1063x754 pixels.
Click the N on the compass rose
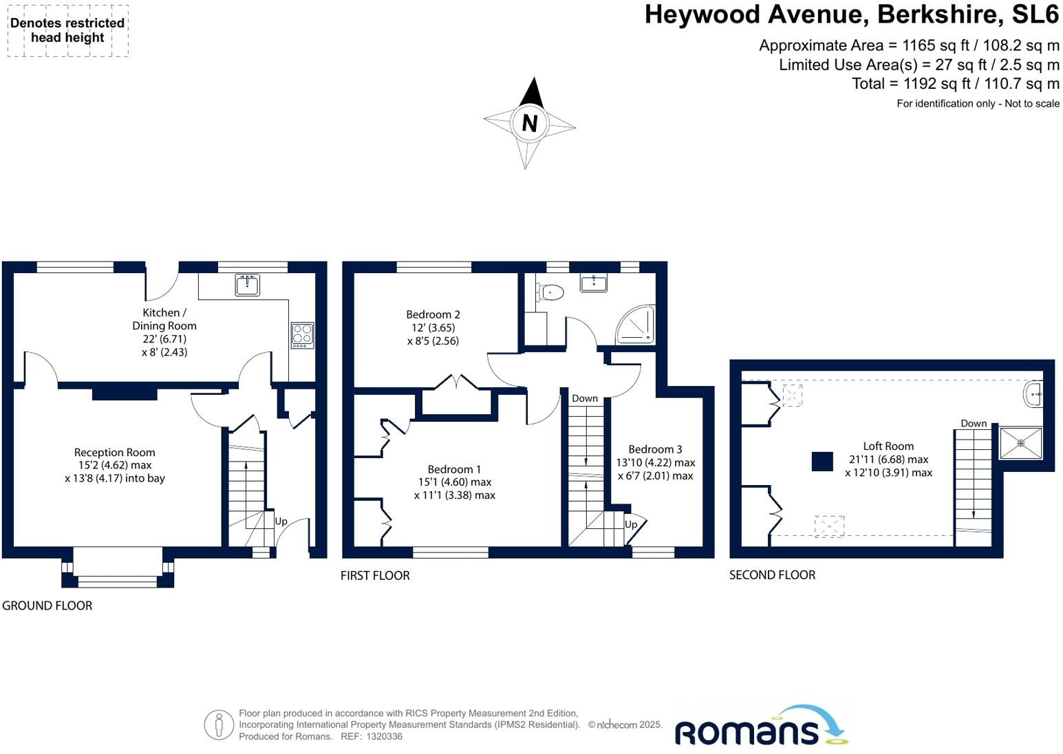[x=529, y=123]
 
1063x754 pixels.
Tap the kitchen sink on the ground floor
[x=247, y=285]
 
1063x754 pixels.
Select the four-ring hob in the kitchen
[x=303, y=335]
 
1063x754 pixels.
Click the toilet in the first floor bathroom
[x=550, y=292]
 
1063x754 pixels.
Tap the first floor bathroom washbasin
[x=594, y=282]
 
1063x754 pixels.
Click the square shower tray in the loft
[x=1021, y=443]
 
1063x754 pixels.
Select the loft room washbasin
[x=1033, y=394]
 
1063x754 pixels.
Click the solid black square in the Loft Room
[x=822, y=461]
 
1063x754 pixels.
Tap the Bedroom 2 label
[x=433, y=314]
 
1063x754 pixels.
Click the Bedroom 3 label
[x=655, y=449]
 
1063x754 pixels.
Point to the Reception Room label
[x=115, y=452]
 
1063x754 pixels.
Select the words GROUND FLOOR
[x=47, y=605]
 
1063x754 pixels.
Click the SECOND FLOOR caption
[x=772, y=574]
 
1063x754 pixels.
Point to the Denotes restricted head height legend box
[x=67, y=30]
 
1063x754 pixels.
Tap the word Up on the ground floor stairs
[x=281, y=521]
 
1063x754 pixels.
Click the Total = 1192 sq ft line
[x=955, y=84]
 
